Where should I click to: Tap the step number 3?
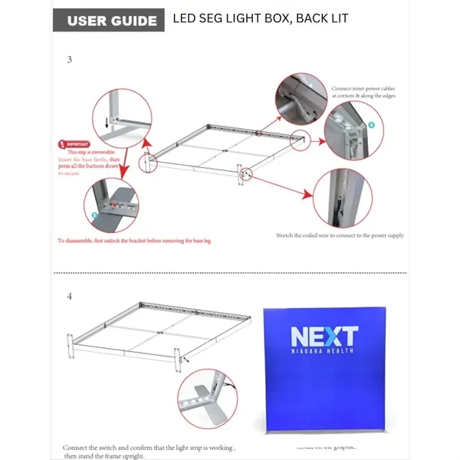point(70,59)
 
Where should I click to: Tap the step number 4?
point(69,296)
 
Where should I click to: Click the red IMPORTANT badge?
point(77,143)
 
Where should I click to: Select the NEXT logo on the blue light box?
point(324,336)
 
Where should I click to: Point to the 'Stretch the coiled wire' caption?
point(339,235)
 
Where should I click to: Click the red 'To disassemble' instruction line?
point(134,240)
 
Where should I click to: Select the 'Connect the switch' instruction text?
point(149,446)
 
